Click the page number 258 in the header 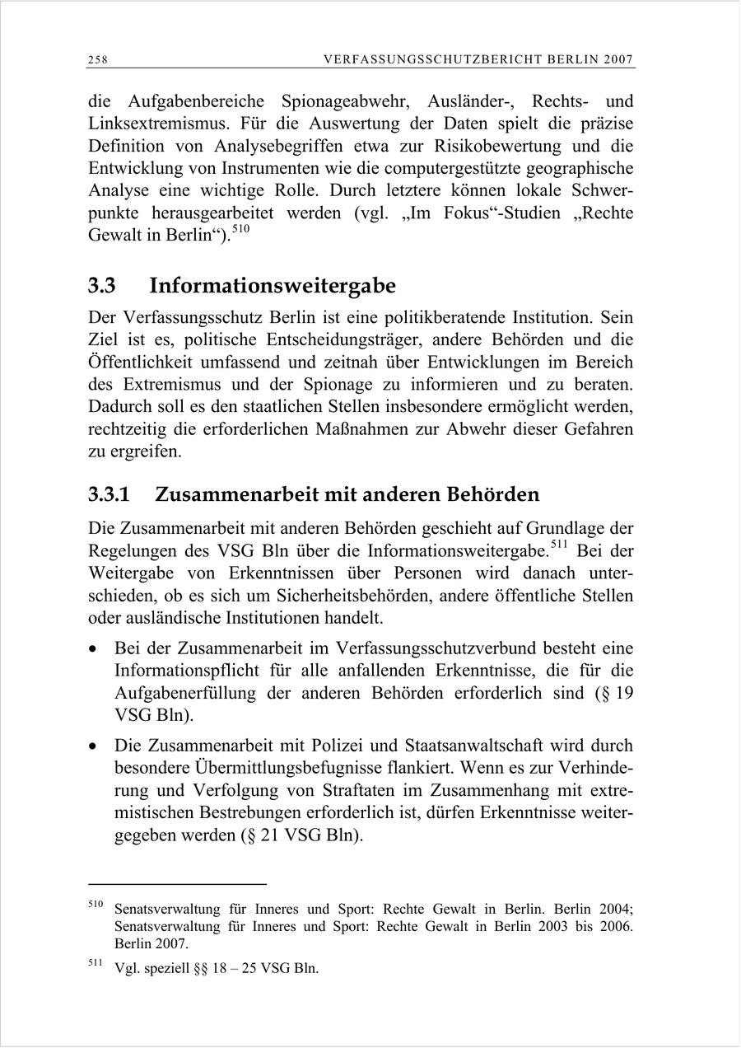tap(99, 59)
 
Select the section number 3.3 tap(102, 286)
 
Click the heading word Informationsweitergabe tap(273, 286)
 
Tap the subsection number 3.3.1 tap(110, 494)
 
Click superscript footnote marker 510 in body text tap(239, 232)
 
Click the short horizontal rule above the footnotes tap(177, 884)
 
